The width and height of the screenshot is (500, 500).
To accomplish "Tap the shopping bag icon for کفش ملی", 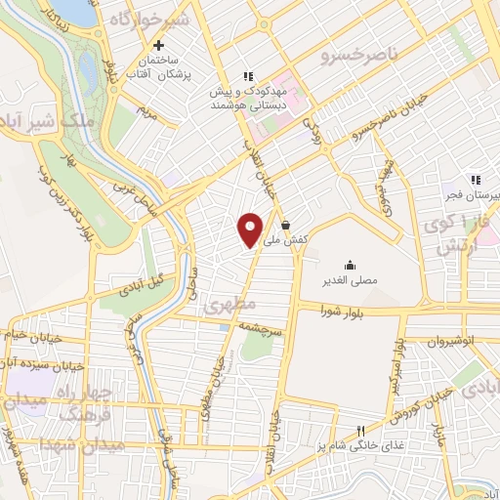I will [x=284, y=225].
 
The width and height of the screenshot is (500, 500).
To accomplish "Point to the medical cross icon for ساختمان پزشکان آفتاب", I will [x=157, y=45].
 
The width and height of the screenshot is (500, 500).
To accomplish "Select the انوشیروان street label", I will [x=453, y=342].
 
